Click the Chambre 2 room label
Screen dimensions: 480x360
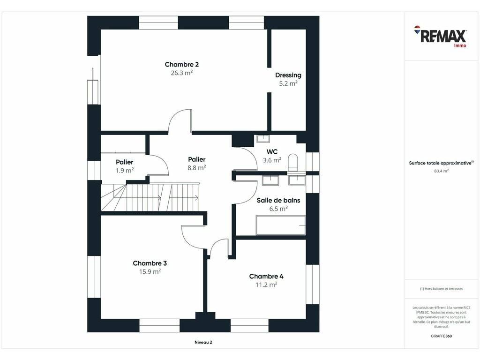click(181, 64)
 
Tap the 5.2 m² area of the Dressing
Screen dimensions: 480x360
click(288, 83)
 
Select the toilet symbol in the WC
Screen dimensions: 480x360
click(293, 162)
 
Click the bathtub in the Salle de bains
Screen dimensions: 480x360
click(281, 225)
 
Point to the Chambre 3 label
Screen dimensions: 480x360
click(150, 263)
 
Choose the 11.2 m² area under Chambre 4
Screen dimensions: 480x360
click(266, 285)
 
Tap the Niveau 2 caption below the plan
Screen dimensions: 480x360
click(203, 342)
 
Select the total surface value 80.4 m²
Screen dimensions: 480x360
click(441, 171)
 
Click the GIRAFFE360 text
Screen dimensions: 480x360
click(441, 336)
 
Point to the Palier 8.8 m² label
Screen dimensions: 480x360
click(196, 164)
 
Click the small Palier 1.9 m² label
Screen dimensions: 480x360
click(125, 166)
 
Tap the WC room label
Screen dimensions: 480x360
click(272, 151)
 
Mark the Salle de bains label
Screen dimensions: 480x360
click(278, 201)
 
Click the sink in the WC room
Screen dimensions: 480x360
click(263, 139)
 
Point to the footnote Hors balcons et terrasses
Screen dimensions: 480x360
click(441, 289)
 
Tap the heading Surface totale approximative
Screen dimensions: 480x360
click(441, 163)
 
